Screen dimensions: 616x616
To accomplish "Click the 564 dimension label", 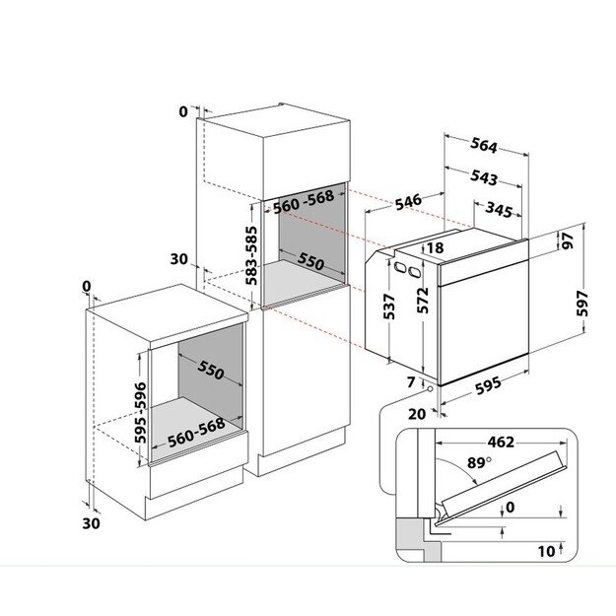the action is coord(484,145).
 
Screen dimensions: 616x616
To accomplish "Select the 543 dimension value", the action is coord(484,177).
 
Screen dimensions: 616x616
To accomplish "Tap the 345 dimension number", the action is coord(499,209).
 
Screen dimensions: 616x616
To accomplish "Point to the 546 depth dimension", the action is coord(408,202).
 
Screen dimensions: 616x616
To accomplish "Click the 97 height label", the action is coord(568,240).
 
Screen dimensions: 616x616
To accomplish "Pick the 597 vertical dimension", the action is coord(582,304).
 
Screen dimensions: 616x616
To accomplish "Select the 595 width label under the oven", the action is coord(488,385).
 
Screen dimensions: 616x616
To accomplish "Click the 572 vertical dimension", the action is coord(423,301).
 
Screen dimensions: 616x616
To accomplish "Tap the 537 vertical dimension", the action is coord(388,307).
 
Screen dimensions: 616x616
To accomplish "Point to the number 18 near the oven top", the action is coord(435,248).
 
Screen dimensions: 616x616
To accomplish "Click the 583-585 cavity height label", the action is coord(251,255).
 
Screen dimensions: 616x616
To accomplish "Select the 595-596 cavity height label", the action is coord(140,413).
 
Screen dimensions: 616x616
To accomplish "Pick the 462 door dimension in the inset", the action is coord(501,443).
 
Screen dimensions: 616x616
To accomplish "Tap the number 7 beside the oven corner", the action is coord(411,381).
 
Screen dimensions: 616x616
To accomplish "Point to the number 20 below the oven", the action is coord(417,414).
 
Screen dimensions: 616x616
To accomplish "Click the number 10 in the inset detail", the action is coord(546,551).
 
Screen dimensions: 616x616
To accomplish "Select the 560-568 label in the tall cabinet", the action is coord(304,202).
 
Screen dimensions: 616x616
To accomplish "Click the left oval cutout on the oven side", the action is coord(400,268).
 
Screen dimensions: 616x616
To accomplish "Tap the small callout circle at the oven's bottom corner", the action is coord(430,389).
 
